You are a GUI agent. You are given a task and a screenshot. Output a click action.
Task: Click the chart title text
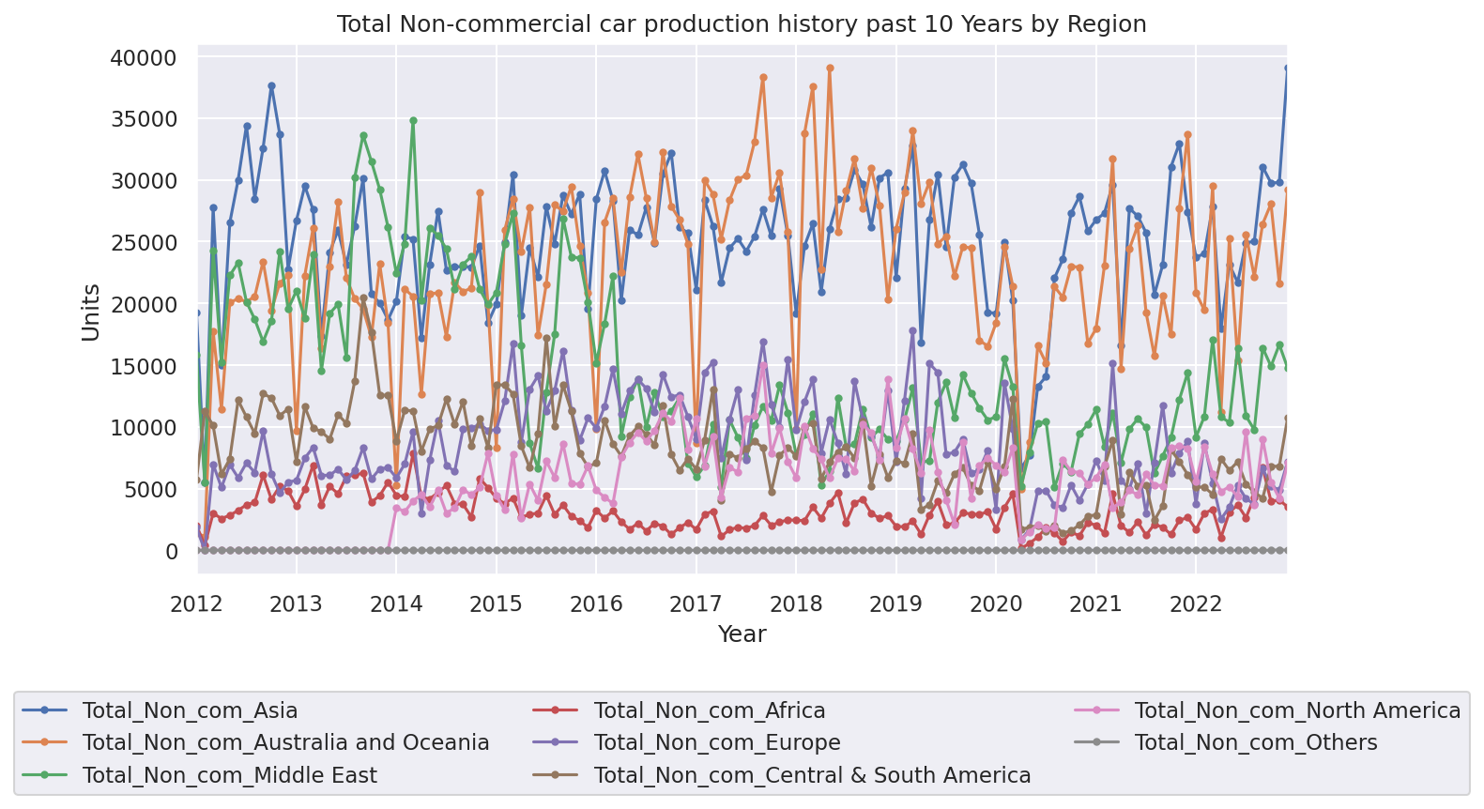coord(742,23)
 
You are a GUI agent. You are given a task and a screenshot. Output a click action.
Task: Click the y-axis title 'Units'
coord(91,312)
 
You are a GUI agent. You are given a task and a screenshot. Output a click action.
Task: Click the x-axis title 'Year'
coord(742,634)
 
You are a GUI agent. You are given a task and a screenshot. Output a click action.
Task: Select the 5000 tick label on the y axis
coord(150,490)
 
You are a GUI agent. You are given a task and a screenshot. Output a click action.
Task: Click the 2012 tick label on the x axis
coord(197,603)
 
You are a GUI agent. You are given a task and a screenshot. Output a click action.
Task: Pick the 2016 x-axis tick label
coord(597,603)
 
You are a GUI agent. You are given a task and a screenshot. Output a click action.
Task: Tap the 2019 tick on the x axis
coord(896,603)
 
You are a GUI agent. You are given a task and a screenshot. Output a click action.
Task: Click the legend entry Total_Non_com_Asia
coord(190,710)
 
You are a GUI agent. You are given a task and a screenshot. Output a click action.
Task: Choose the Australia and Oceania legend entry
coord(285,743)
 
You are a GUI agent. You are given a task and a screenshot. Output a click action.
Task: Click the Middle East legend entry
coord(229,775)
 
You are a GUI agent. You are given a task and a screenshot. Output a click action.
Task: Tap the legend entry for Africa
coord(709,710)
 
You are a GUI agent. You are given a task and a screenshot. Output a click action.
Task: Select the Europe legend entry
coord(716,743)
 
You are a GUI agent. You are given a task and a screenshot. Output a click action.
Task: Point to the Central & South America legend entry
coord(812,775)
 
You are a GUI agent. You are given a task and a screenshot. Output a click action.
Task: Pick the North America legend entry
coord(1297,710)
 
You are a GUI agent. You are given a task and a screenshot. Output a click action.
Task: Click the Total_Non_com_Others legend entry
coord(1255,743)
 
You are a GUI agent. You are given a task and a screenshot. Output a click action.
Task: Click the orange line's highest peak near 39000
coord(830,69)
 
